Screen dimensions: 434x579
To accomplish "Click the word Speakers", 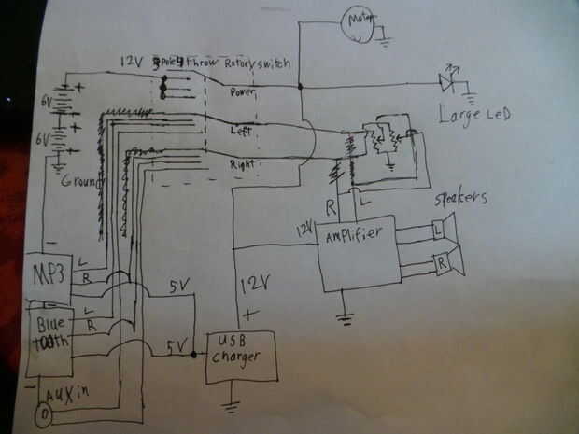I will point(463,199).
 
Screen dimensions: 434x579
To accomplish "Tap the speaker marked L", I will point(442,228).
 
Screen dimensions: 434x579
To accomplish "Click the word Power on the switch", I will point(246,93).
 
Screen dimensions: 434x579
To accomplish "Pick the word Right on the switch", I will point(243,164).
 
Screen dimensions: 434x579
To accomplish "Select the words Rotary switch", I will point(258,63).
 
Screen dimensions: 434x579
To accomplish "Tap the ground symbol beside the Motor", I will point(383,39).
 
